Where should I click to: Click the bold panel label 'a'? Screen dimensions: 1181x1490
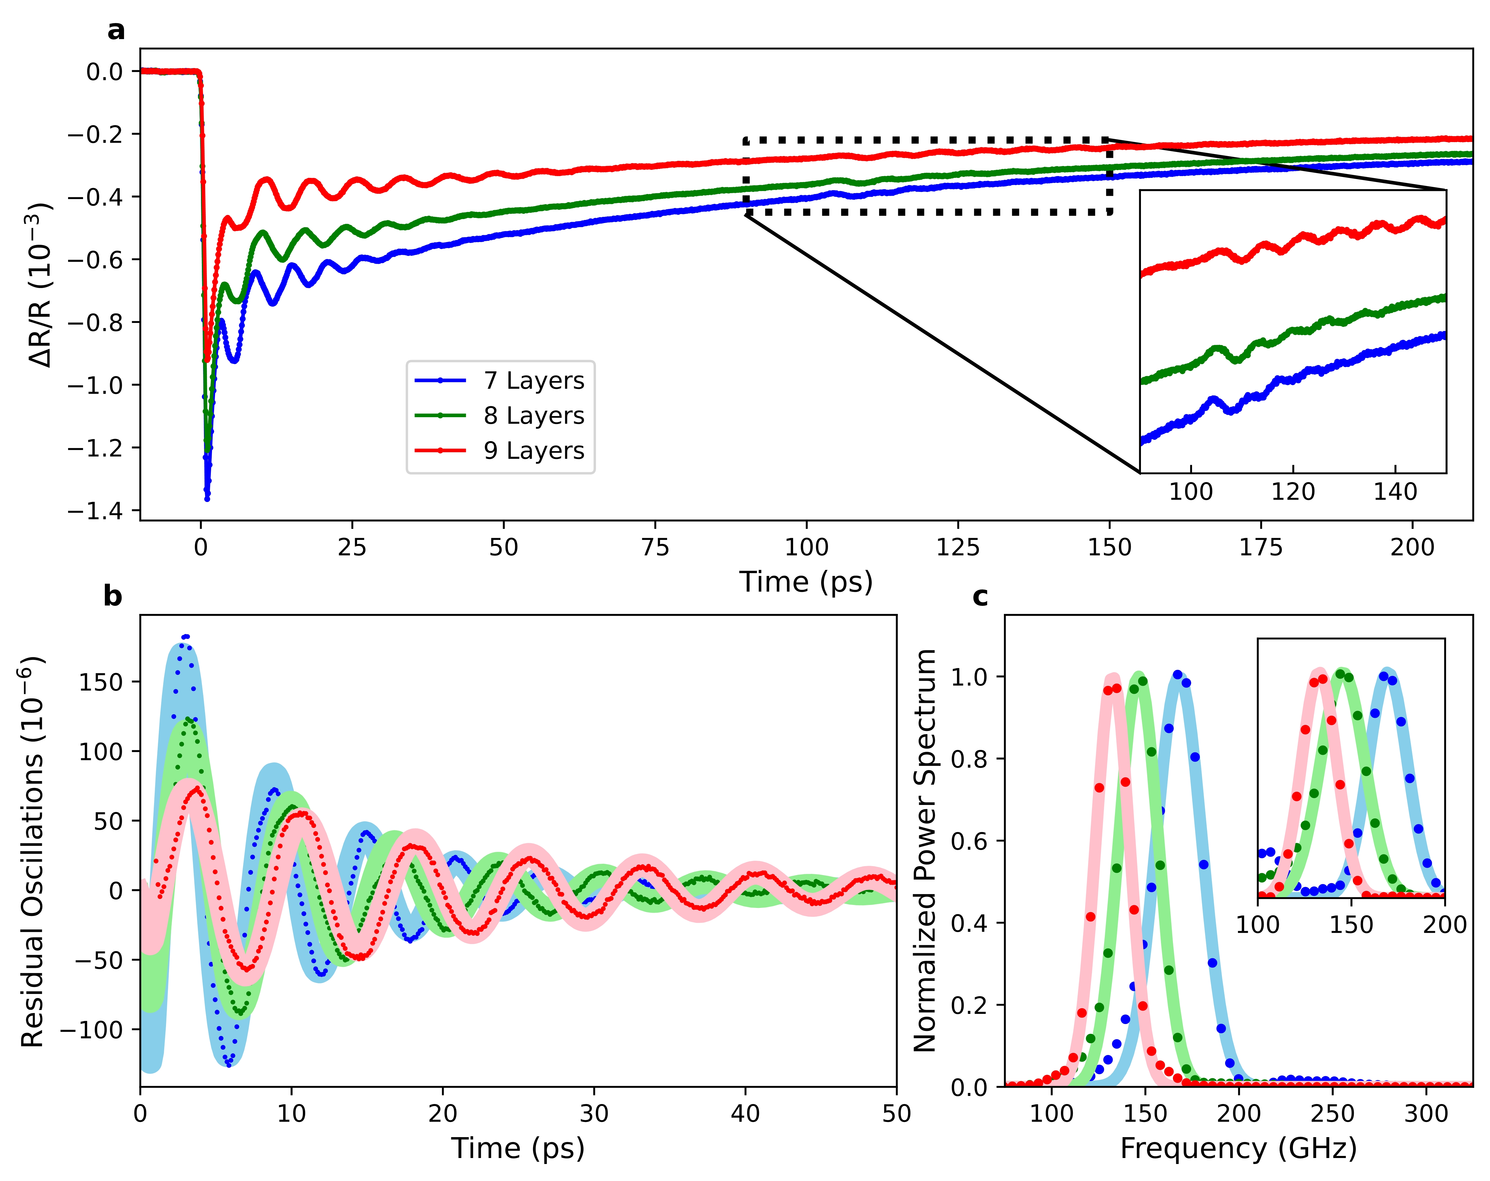116,30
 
